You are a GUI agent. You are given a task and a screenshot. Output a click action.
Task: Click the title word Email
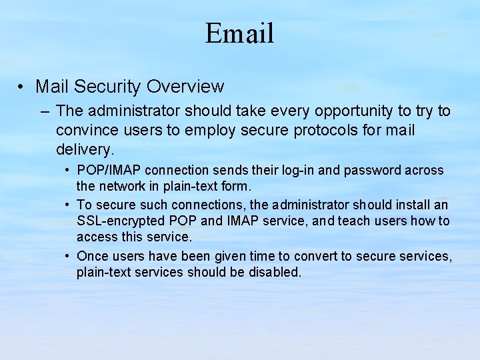[239, 33]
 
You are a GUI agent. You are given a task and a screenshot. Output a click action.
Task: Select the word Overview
[185, 87]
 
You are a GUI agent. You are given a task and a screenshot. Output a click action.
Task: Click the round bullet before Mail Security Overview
[22, 87]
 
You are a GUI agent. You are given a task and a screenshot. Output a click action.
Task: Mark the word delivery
[85, 148]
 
